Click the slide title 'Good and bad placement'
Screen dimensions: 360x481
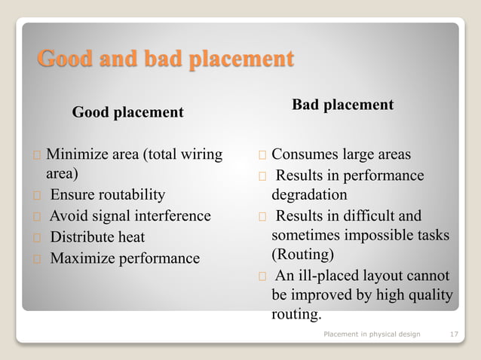(165, 59)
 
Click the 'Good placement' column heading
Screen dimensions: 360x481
(127, 113)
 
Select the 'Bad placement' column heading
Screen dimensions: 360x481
(342, 105)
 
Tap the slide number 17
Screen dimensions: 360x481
(454, 333)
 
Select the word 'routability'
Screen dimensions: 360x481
(130, 196)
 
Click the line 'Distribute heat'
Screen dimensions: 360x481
(97, 237)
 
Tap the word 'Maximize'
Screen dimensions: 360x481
(78, 258)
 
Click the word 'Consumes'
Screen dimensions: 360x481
(301, 155)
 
